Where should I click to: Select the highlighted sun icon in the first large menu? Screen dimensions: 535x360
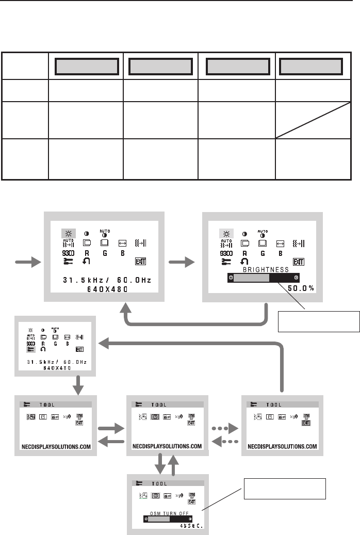67,233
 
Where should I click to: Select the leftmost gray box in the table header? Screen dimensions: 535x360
86,66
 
